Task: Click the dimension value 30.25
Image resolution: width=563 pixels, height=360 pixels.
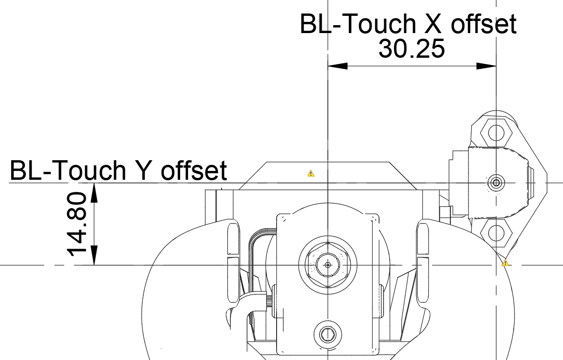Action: point(412,49)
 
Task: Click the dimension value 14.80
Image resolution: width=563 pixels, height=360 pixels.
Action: point(77,224)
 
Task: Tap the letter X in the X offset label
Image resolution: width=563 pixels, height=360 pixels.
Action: point(433,24)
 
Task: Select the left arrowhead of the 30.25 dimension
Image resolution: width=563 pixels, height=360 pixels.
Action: point(338,66)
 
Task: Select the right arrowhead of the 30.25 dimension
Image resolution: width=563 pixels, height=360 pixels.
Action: point(487,66)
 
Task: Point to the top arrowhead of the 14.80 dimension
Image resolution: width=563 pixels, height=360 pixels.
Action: point(94,193)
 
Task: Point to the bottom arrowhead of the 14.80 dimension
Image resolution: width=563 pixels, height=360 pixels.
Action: point(94,255)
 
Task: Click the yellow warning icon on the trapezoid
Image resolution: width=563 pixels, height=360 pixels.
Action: point(311,173)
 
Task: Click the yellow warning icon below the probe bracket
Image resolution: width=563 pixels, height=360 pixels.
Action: point(505,264)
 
